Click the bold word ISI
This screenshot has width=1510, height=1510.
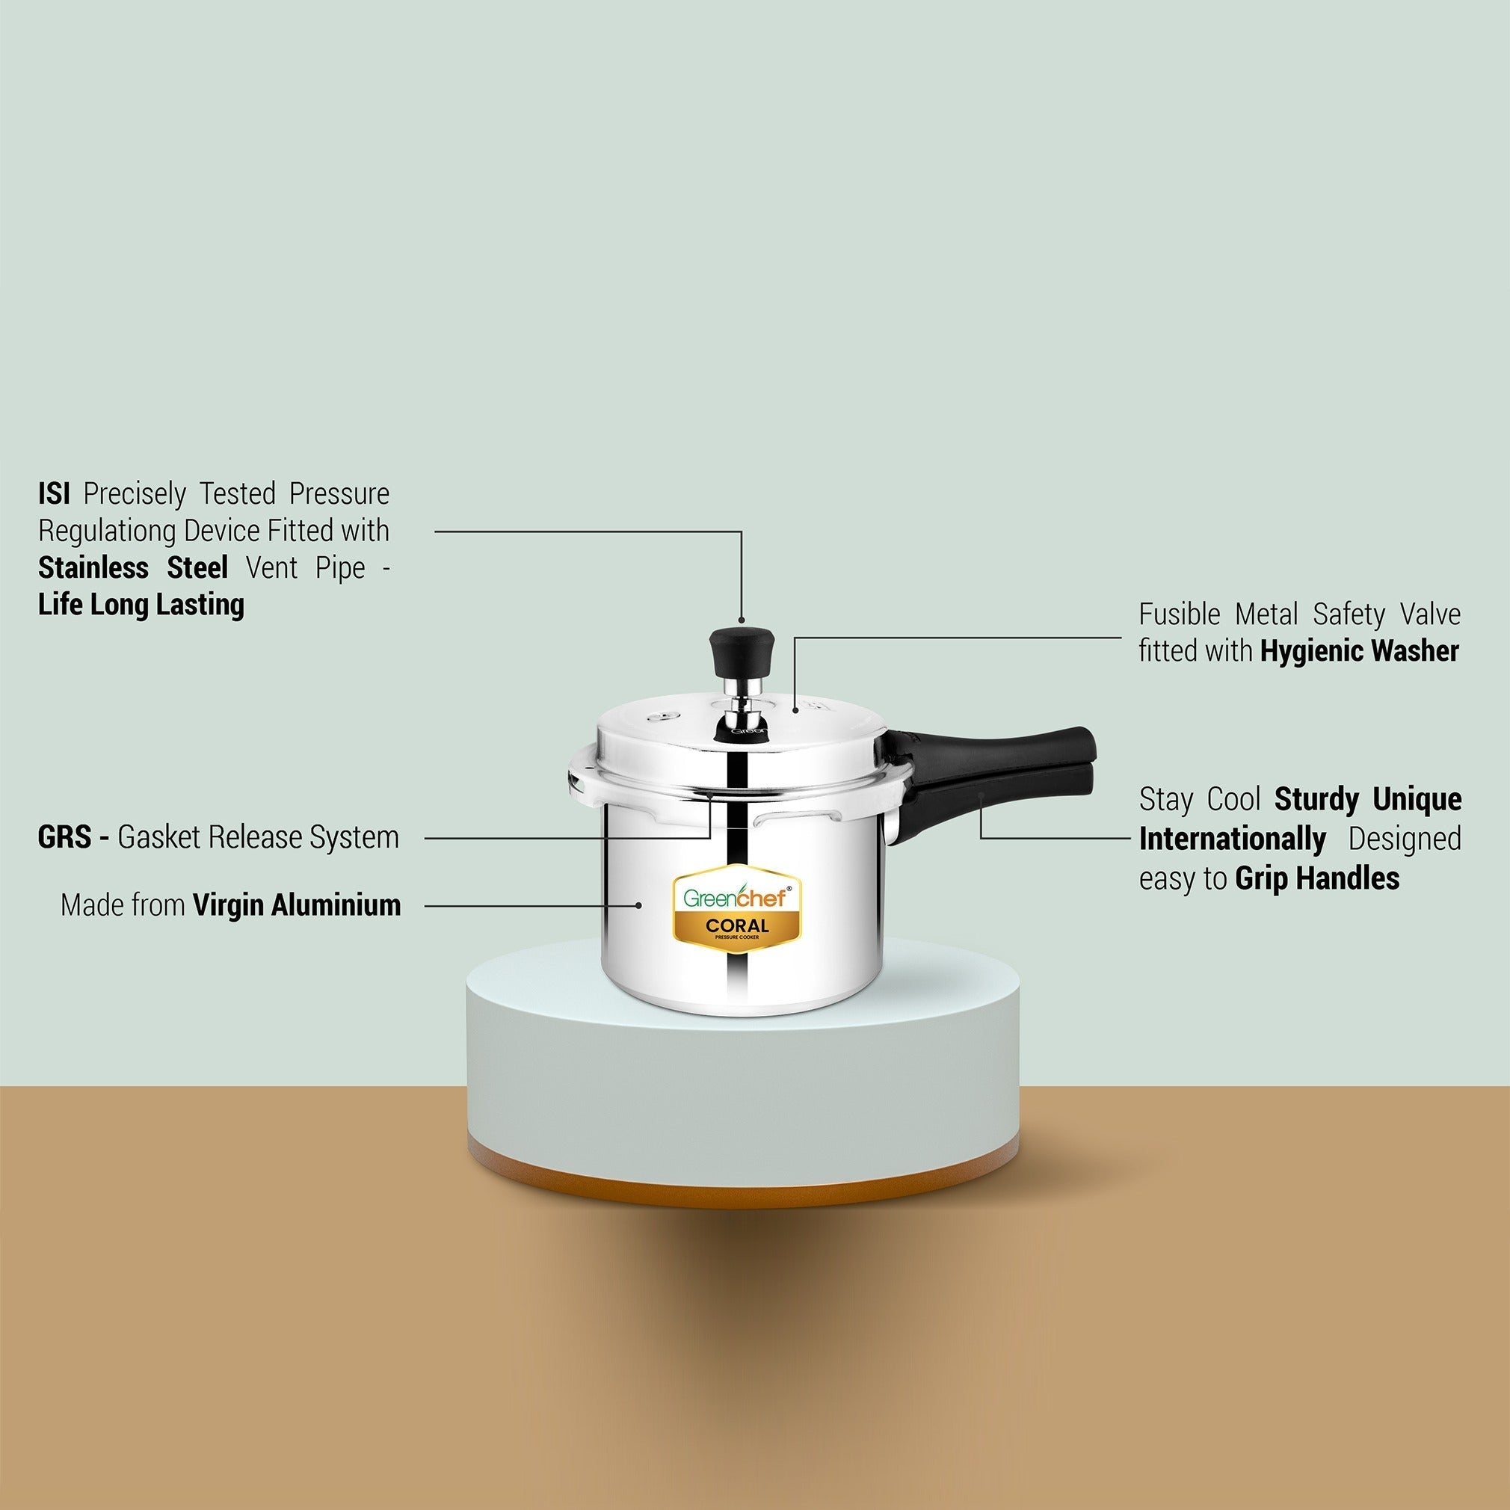tap(54, 494)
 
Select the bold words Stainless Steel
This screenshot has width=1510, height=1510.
tap(133, 567)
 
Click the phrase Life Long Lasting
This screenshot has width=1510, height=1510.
tap(141, 605)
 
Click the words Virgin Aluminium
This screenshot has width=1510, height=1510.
tap(297, 905)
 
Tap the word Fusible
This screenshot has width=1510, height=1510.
tap(1180, 614)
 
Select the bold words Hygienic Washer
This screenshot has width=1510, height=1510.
tap(1360, 651)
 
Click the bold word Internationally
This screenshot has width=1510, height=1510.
tap(1233, 839)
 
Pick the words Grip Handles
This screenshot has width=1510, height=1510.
tap(1318, 878)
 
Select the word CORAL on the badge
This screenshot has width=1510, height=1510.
tap(737, 926)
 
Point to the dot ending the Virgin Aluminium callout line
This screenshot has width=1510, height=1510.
tap(639, 906)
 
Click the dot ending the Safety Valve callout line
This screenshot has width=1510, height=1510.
tap(795, 710)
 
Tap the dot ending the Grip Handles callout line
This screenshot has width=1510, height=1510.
tap(981, 796)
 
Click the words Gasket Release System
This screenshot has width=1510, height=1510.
tap(259, 837)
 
